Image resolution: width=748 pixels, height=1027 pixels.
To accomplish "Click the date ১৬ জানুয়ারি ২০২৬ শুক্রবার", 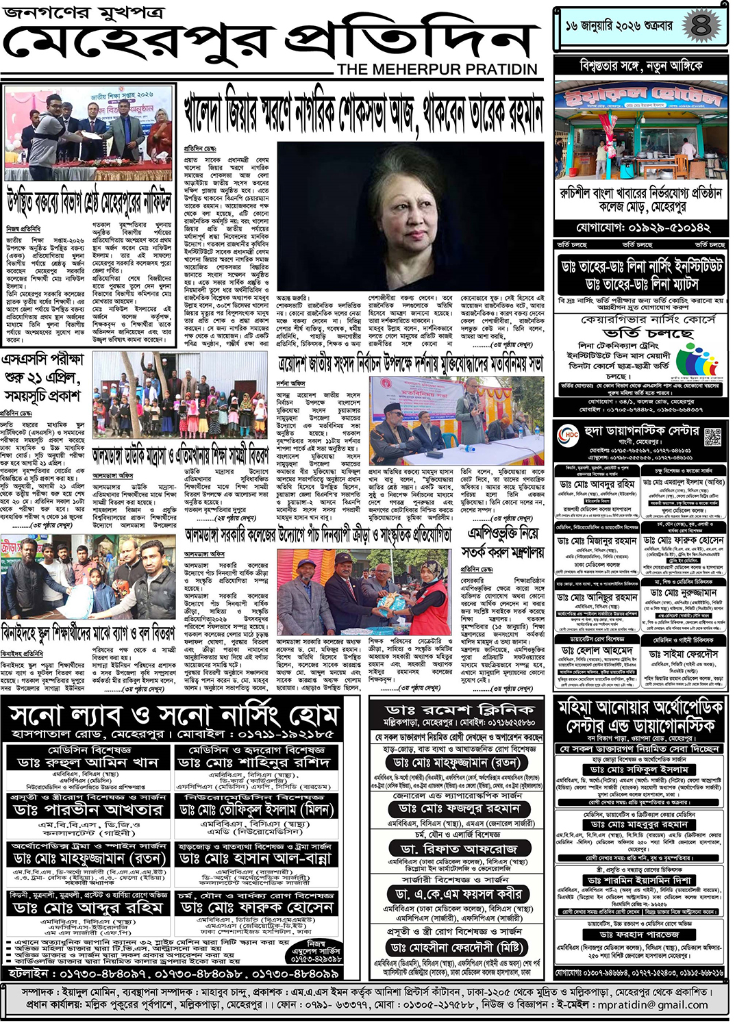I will coord(619,26).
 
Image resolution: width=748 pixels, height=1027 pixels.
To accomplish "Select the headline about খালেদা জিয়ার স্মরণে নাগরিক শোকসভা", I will coord(363,113).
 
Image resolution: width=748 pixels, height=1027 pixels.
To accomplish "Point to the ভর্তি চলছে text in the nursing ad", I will coord(647,333).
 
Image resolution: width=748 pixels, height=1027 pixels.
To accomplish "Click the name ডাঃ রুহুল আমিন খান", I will coord(88,762).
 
